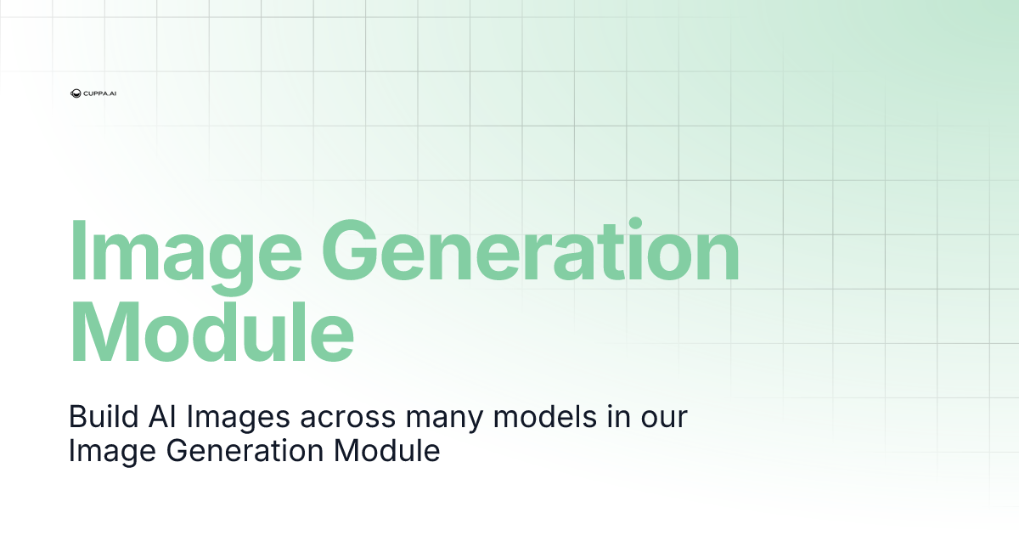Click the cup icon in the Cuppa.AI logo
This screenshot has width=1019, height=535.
click(76, 93)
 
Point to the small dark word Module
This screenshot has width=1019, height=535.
click(388, 450)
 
